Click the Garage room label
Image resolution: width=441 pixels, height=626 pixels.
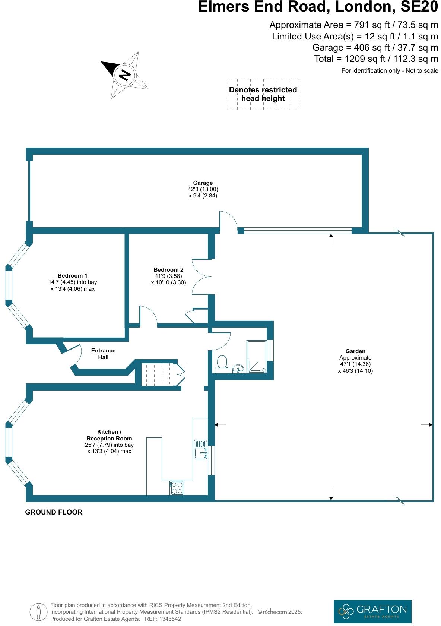203,183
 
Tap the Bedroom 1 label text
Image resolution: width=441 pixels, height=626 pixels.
72,276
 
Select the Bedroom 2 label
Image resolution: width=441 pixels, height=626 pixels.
168,269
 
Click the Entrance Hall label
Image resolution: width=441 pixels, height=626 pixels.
103,354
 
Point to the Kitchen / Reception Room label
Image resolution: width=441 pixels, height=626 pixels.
109,435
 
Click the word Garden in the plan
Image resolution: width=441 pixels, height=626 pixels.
355,351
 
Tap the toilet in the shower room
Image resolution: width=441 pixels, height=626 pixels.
222,363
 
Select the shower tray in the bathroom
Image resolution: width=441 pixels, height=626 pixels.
256,357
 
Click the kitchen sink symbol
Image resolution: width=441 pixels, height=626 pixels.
200,449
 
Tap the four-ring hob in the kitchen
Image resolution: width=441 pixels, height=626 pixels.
177,488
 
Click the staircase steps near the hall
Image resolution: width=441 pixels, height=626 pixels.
158,374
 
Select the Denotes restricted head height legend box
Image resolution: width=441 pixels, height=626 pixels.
263,94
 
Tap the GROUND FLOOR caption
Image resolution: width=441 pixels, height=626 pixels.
54,512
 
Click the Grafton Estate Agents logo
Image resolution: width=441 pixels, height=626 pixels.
372,611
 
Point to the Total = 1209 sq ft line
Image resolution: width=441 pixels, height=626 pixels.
376,59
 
